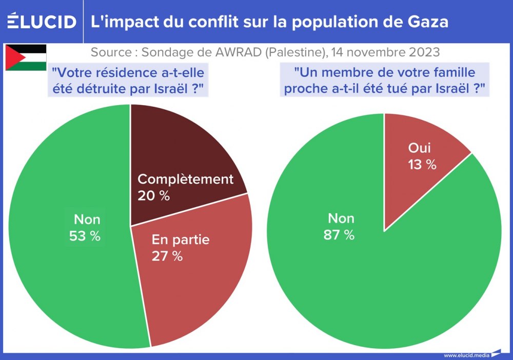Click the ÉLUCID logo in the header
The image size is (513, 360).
pos(42,22)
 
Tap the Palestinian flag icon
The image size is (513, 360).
pos(26,57)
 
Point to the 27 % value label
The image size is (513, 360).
pos(167,256)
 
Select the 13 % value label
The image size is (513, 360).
pos(422,165)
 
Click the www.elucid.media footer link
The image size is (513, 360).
pos(466,355)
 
